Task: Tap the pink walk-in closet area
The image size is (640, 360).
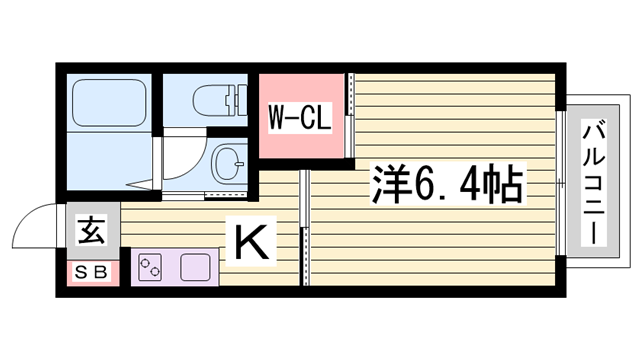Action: point(300,140)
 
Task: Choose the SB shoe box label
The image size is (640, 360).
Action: point(91,270)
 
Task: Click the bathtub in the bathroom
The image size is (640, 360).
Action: point(107,101)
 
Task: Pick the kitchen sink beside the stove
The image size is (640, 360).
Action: point(195,268)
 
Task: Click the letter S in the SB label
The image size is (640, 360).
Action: point(82,270)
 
